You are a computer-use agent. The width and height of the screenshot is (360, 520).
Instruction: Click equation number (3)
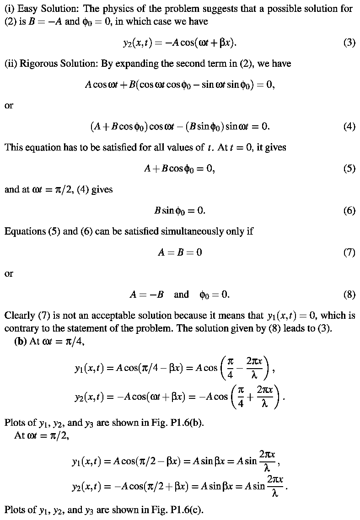[349, 43]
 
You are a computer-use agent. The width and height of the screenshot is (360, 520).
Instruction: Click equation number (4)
[349, 127]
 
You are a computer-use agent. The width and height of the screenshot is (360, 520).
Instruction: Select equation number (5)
[349, 169]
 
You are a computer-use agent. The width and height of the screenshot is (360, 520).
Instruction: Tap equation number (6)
[349, 210]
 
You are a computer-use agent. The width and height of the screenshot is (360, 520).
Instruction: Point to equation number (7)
[349, 252]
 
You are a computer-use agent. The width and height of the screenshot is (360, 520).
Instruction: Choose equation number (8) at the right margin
[349, 295]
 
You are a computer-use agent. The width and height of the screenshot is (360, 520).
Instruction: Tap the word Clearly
[19, 316]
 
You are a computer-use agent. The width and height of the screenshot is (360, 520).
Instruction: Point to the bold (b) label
[21, 342]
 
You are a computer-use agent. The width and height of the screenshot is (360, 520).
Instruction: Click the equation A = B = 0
[180, 252]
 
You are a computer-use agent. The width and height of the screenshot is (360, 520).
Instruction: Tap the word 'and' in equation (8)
[181, 295]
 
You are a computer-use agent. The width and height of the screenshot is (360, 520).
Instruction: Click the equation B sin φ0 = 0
[180, 210]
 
